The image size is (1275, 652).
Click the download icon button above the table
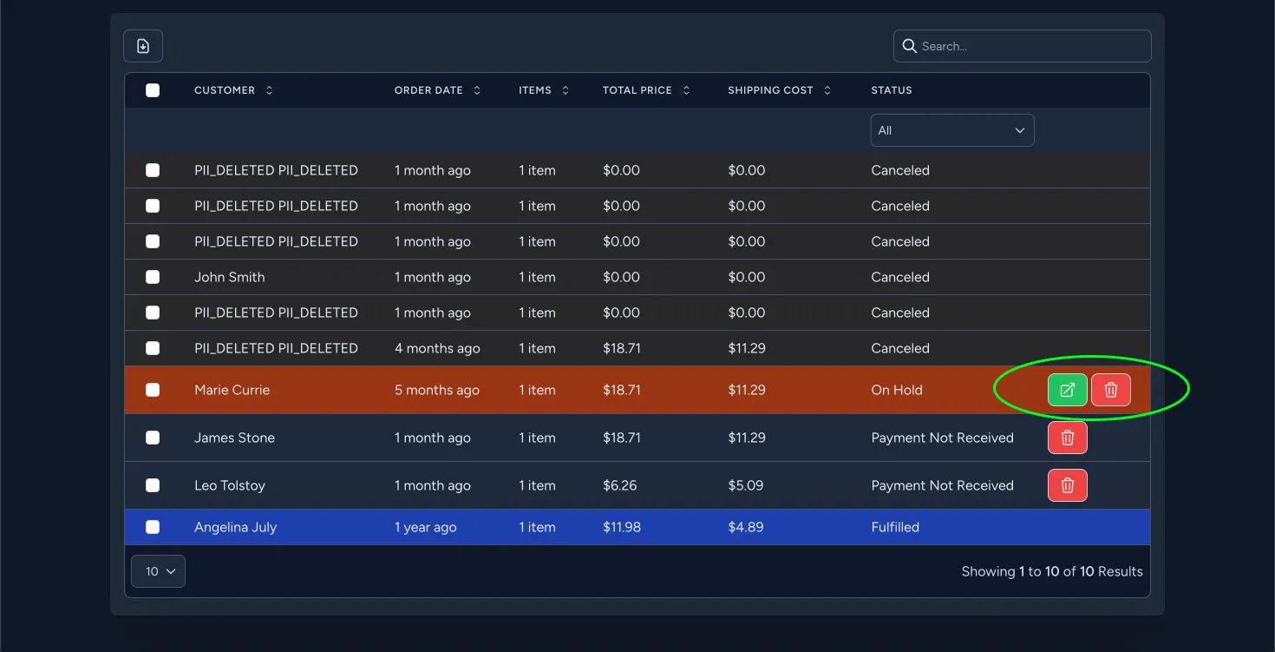click(x=143, y=46)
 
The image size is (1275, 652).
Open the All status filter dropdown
click(x=951, y=130)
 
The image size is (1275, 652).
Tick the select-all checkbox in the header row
click(x=153, y=90)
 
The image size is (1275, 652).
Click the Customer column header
click(x=225, y=90)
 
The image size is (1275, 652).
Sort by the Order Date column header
click(x=428, y=90)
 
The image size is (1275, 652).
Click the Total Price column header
click(x=637, y=90)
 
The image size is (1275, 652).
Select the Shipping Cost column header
click(x=770, y=90)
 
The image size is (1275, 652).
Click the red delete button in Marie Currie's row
click(x=1110, y=390)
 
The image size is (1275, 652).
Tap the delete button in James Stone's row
click(x=1067, y=438)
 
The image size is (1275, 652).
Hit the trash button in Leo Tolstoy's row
click(x=1067, y=485)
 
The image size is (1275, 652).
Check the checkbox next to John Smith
click(x=153, y=277)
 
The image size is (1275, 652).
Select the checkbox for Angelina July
click(x=153, y=527)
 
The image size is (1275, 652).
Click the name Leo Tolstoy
click(x=230, y=485)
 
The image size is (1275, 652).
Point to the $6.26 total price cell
click(x=620, y=485)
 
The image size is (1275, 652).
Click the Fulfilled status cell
click(x=895, y=527)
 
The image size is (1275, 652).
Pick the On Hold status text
click(x=897, y=390)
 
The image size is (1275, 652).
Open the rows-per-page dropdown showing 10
click(x=158, y=571)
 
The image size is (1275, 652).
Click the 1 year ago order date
click(x=425, y=527)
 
